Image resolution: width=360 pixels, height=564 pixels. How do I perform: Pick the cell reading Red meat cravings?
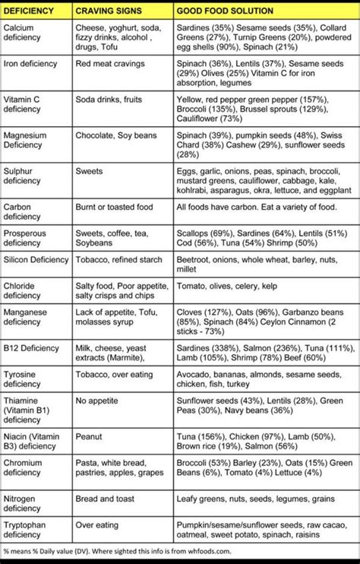pos(106,64)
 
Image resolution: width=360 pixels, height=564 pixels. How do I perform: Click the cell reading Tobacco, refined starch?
pos(118,260)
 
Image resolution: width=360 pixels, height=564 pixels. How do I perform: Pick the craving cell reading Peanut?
pos(89,437)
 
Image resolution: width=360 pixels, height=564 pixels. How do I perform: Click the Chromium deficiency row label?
pos(25,467)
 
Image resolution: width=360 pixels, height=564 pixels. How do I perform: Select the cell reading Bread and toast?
pos(106,499)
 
